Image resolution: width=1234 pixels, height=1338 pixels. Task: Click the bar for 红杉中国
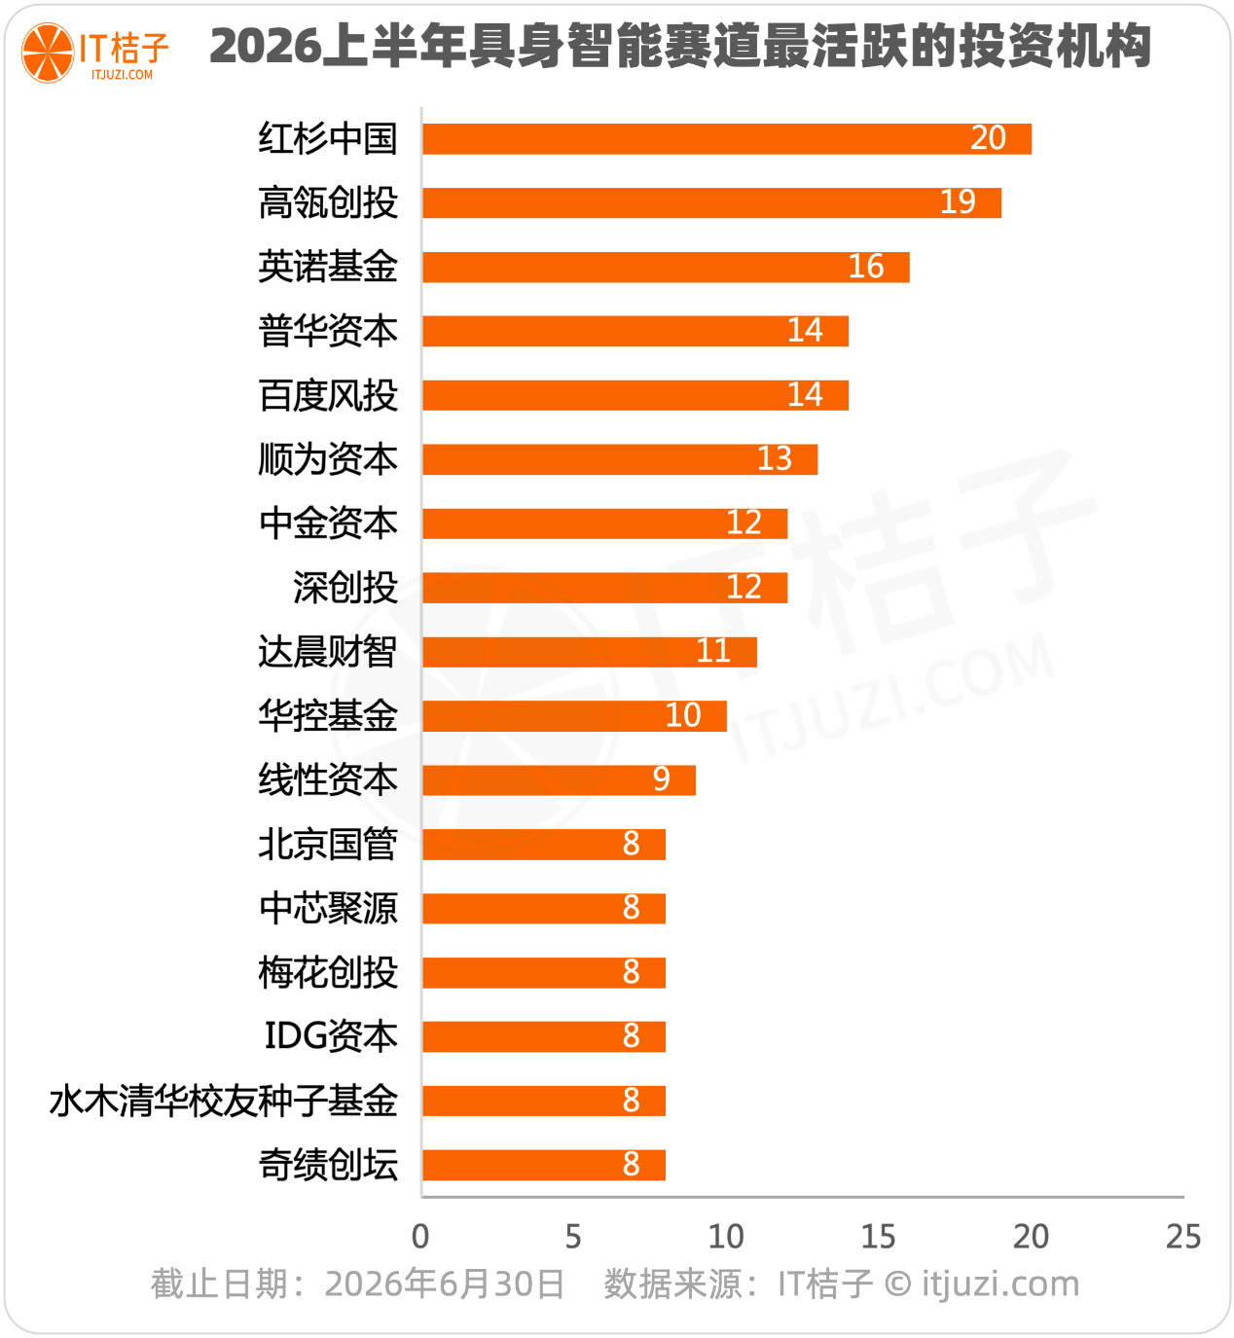[727, 139]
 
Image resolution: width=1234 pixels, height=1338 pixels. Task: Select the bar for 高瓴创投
[711, 202]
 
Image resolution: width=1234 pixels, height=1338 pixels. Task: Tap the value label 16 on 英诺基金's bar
[865, 267]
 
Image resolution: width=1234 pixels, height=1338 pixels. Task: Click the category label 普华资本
[328, 332]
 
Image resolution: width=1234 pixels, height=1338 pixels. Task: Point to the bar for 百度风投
[635, 395]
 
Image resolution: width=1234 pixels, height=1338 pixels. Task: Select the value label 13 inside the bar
[775, 459]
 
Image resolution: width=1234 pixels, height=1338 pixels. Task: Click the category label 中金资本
[328, 524]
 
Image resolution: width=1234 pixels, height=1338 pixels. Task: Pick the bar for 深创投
[604, 588]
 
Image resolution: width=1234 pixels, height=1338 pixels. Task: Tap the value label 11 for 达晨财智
[713, 651]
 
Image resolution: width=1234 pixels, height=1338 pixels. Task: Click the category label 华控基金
[328, 716]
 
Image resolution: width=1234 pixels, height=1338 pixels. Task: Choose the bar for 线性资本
[559, 780]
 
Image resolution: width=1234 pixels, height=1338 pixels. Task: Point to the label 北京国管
[328, 845]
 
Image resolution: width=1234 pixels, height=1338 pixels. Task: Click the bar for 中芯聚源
[544, 908]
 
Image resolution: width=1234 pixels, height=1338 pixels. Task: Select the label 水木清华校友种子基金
[224, 1101]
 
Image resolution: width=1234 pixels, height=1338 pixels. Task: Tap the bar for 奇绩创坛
[544, 1165]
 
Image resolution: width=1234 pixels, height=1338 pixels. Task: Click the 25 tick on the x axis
[1183, 1237]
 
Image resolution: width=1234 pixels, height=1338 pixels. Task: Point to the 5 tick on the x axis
[573, 1237]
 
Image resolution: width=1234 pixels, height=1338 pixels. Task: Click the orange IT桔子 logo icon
[47, 53]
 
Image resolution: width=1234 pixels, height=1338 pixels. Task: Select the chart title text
[680, 46]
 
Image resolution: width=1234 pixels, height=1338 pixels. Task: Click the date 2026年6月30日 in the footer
[444, 1284]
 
